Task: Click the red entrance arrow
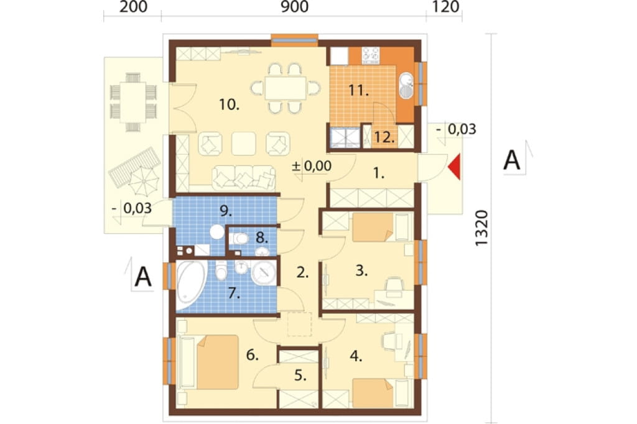(x=455, y=167)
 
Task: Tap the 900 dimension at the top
(x=294, y=7)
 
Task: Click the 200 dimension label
(x=133, y=7)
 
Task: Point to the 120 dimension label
(x=445, y=7)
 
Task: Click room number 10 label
(x=229, y=104)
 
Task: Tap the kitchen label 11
(x=358, y=90)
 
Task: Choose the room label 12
(x=384, y=137)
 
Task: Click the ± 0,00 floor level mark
(x=312, y=166)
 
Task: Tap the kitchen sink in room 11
(x=406, y=86)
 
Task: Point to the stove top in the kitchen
(x=371, y=55)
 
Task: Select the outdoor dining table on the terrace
(x=133, y=102)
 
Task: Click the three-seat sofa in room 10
(x=243, y=178)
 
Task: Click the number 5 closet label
(x=300, y=376)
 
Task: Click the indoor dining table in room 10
(x=286, y=88)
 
